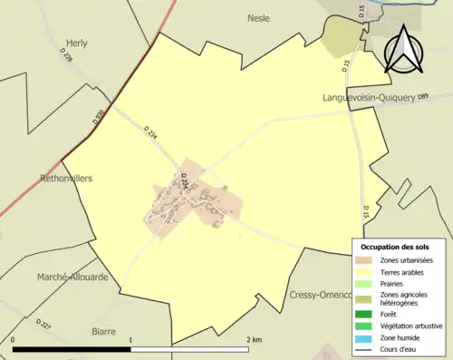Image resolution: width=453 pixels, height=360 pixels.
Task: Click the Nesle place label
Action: pyautogui.click(x=259, y=17)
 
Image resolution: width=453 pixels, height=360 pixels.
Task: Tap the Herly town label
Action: pyautogui.click(x=78, y=43)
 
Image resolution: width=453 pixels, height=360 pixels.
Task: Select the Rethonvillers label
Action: pyautogui.click(x=66, y=179)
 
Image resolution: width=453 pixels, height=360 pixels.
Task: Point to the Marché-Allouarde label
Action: pyautogui.click(x=72, y=277)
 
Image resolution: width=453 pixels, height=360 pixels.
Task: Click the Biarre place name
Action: pyautogui.click(x=105, y=332)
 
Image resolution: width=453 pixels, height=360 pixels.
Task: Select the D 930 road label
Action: pyautogui.click(x=98, y=117)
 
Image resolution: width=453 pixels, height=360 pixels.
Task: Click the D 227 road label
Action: pyautogui.click(x=43, y=324)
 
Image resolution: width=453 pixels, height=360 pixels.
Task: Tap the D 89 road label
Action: pyautogui.click(x=422, y=95)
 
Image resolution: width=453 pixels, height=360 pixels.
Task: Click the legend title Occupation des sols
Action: pyautogui.click(x=395, y=247)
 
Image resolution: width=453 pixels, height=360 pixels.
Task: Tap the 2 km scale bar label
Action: pyautogui.click(x=255, y=340)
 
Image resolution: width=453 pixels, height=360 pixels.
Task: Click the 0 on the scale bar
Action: pyautogui.click(x=14, y=340)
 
